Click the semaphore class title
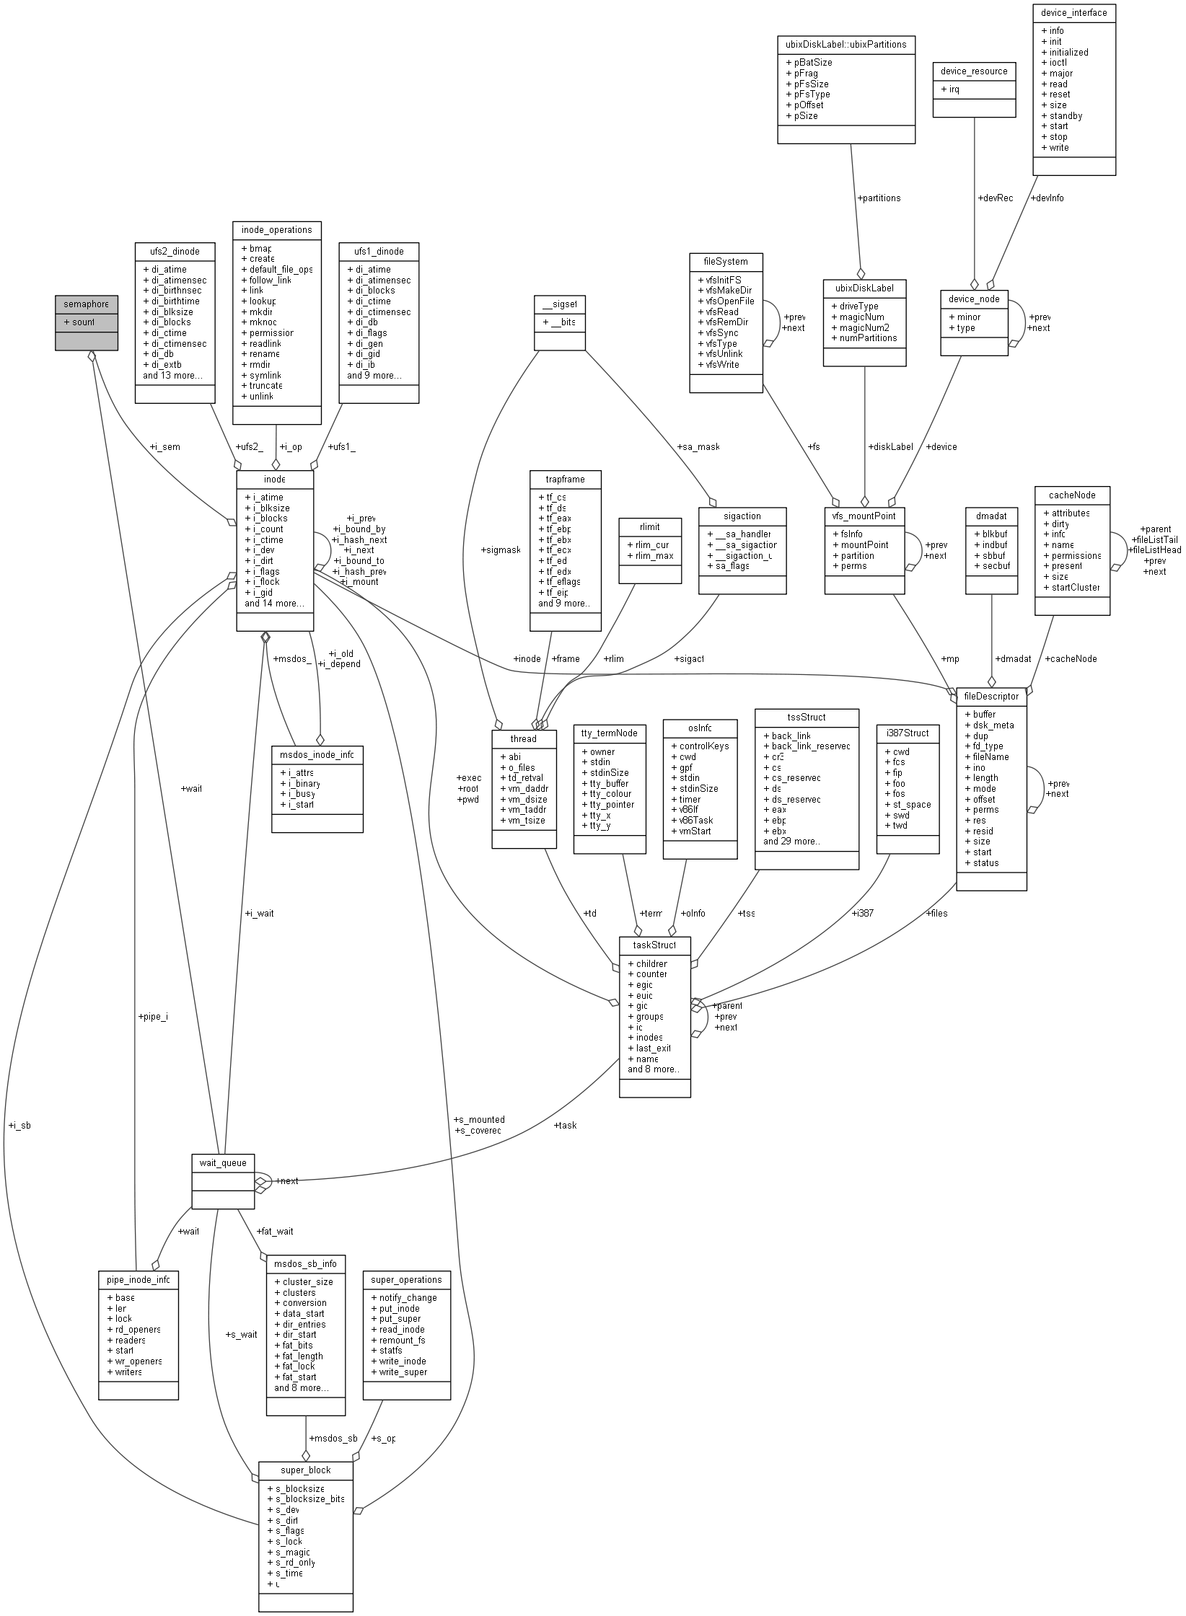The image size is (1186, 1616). (x=86, y=304)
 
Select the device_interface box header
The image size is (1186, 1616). (x=1073, y=12)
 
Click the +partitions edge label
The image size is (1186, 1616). (x=879, y=198)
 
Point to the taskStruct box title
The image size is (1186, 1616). (x=654, y=945)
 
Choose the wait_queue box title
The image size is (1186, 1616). (x=222, y=1162)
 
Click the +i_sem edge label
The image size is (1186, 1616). (x=165, y=446)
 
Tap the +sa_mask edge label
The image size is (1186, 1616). (x=698, y=446)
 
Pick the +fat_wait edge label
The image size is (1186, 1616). (x=275, y=1231)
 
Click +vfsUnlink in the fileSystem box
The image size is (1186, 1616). (x=720, y=353)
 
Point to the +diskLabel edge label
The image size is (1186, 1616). (x=891, y=446)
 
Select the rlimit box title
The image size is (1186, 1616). (x=650, y=526)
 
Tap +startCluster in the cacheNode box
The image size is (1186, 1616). (x=1071, y=587)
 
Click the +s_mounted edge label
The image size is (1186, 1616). (x=479, y=1119)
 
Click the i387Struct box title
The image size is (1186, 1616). (x=907, y=733)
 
